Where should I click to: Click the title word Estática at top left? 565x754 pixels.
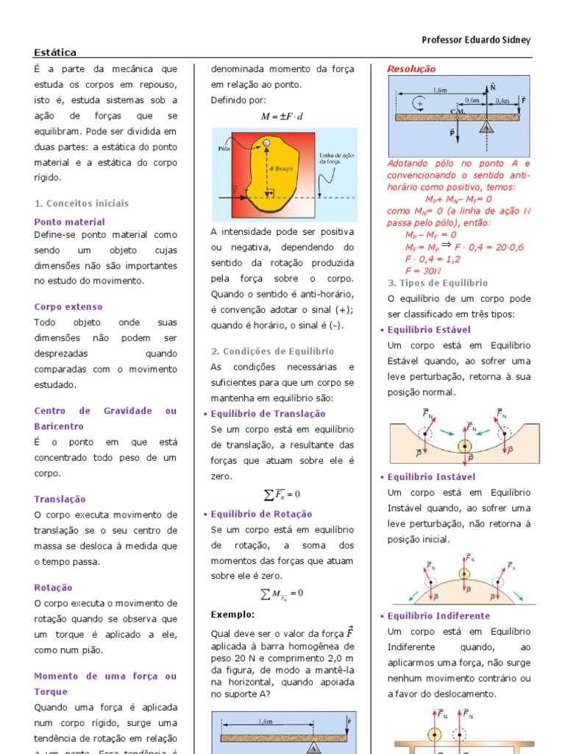(55, 52)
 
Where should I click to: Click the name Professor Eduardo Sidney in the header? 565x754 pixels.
(476, 40)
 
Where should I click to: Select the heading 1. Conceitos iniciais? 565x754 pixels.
(81, 203)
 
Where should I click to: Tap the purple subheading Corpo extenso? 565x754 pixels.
(68, 307)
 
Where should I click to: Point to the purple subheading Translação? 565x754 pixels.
(60, 499)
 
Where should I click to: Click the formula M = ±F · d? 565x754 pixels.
(282, 116)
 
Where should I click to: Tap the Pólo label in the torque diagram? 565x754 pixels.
(225, 148)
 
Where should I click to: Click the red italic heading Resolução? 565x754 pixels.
(411, 69)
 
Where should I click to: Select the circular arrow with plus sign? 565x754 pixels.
(419, 104)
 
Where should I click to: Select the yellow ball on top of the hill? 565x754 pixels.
(464, 574)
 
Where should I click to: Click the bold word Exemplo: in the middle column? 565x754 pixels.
(232, 614)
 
